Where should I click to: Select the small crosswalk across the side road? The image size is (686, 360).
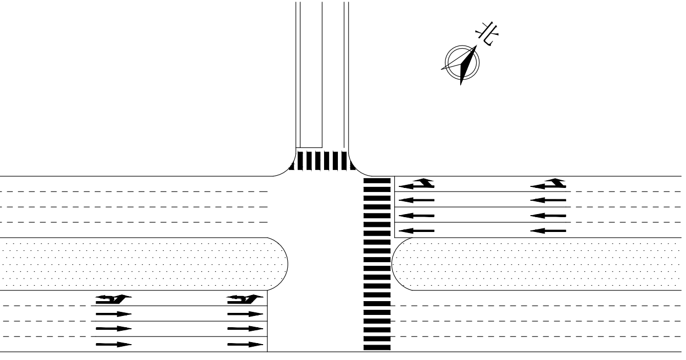[x=322, y=161]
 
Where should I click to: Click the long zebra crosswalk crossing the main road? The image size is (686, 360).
[x=377, y=264]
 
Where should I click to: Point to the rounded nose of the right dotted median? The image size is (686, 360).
[x=399, y=263]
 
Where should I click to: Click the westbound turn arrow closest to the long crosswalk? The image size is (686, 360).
[x=417, y=183]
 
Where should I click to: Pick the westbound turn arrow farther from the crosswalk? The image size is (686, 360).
[x=548, y=183]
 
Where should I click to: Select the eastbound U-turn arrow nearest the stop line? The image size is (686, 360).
[x=245, y=298]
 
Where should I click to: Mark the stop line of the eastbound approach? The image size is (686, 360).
[x=268, y=322]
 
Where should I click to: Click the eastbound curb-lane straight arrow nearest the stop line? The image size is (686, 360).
[x=245, y=344]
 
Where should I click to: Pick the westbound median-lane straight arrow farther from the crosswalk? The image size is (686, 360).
[x=548, y=230]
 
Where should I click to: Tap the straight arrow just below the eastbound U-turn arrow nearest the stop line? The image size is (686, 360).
[x=245, y=313]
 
